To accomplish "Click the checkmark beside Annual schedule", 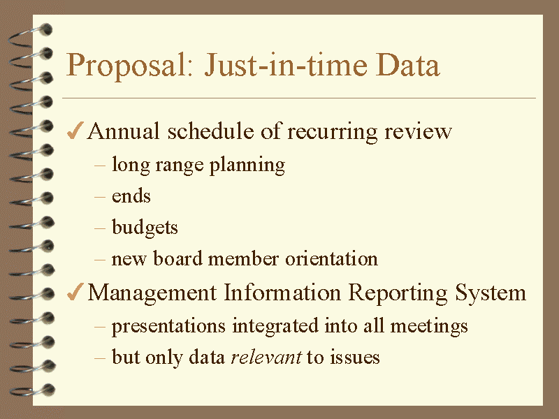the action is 75,131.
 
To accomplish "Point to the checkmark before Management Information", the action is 75,292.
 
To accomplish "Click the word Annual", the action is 124,131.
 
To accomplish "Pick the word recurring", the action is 333,132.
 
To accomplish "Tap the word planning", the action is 247,166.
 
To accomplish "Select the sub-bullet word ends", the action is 131,196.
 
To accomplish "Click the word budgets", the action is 145,228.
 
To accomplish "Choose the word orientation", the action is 331,258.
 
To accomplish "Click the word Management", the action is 152,293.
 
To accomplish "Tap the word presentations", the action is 168,326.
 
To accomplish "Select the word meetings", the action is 429,326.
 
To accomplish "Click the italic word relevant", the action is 266,357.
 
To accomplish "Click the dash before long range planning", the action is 100,166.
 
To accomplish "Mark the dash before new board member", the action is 100,259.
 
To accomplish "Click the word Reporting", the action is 398,293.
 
